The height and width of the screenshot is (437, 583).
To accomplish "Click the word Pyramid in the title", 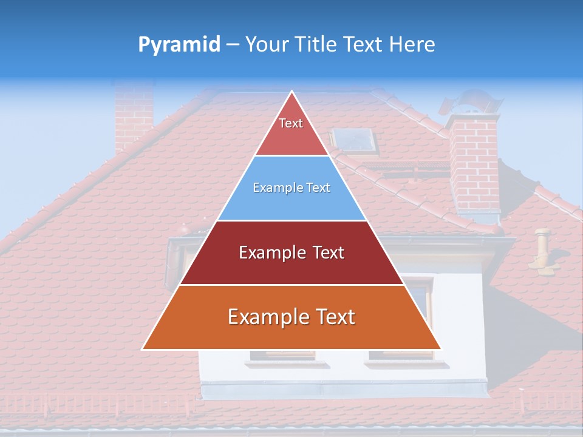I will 179,44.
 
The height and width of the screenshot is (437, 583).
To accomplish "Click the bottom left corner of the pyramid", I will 143,349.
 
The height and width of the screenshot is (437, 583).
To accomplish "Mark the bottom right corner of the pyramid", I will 440,349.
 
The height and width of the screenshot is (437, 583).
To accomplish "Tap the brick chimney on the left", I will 134,115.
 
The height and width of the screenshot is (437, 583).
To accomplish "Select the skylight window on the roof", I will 355,141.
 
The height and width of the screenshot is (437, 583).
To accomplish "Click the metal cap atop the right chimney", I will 471,103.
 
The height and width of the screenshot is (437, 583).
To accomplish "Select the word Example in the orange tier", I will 265,317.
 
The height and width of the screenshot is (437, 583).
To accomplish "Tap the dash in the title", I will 233,45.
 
